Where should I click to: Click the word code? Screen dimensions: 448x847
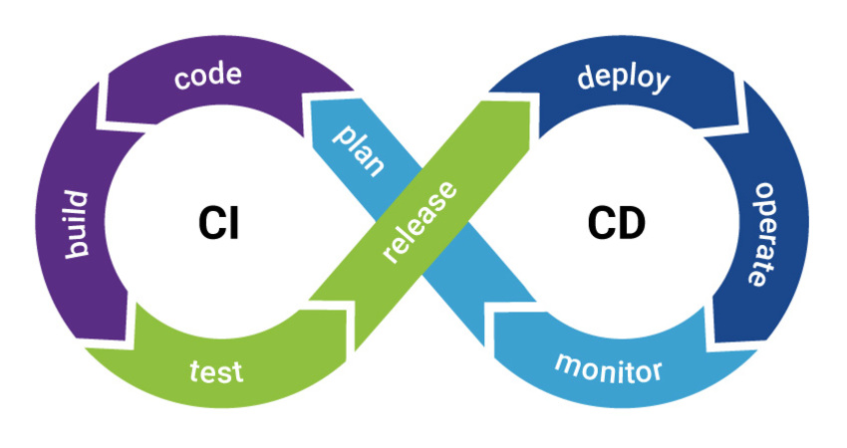point(208,79)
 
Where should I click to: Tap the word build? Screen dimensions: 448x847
point(80,224)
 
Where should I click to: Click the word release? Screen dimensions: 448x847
point(420,223)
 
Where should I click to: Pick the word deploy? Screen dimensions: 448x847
point(624,79)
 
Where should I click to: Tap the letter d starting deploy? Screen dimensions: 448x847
point(586,76)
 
